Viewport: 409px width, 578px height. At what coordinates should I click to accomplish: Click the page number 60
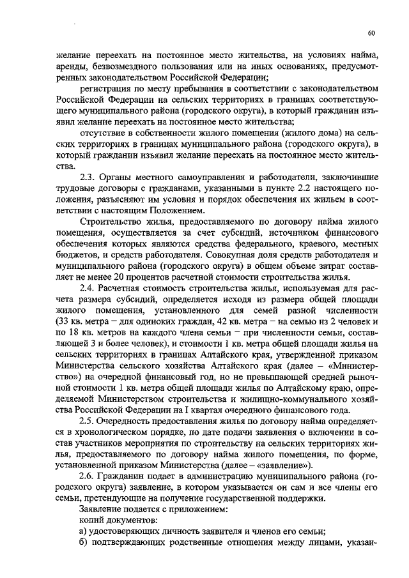(x=371, y=33)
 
